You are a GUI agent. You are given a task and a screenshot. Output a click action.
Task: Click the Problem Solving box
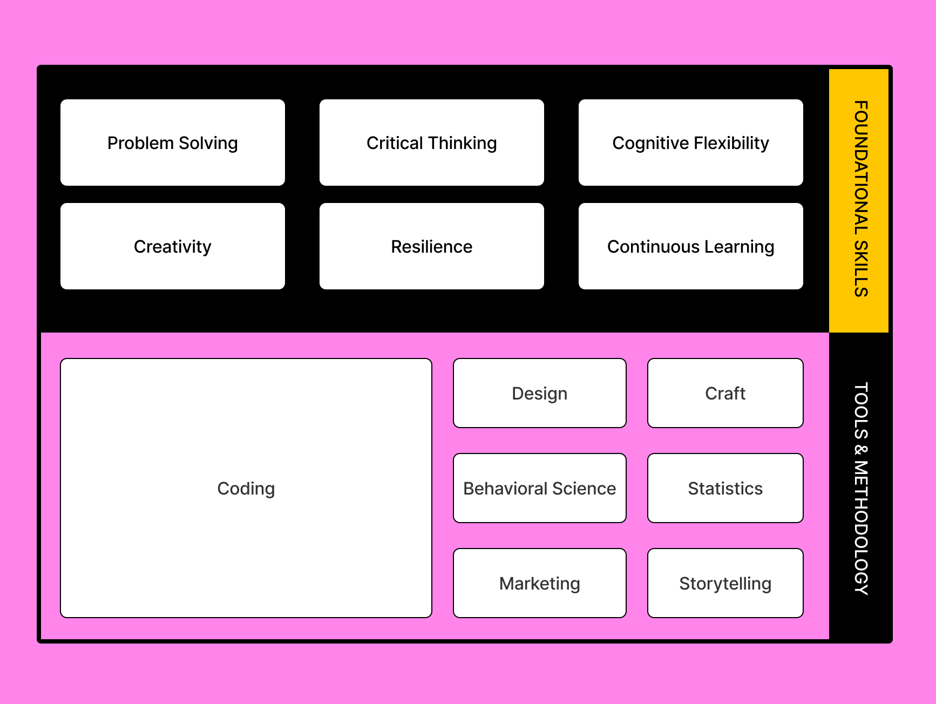(173, 143)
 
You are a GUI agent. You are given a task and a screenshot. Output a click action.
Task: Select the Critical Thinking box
(432, 143)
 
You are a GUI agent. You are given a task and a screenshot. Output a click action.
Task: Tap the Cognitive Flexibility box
(691, 143)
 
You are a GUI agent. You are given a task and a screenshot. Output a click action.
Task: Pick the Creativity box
(173, 246)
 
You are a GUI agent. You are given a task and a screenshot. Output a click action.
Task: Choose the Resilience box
(432, 246)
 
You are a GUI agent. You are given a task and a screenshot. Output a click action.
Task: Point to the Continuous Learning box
(691, 246)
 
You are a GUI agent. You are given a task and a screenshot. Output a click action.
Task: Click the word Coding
(246, 489)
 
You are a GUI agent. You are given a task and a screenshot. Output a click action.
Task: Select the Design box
(540, 393)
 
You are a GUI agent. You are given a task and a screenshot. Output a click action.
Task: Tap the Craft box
(725, 393)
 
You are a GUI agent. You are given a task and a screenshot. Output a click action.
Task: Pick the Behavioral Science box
(540, 488)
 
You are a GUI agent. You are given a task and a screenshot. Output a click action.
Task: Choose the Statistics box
(725, 488)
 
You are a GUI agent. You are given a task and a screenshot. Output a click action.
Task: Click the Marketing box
(540, 583)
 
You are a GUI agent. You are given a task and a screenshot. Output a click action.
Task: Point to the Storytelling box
(725, 583)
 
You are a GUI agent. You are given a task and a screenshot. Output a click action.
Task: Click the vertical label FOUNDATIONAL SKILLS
(861, 199)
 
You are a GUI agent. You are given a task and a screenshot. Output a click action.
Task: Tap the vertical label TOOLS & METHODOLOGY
(861, 488)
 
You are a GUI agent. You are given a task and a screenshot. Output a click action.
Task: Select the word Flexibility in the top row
(731, 143)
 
